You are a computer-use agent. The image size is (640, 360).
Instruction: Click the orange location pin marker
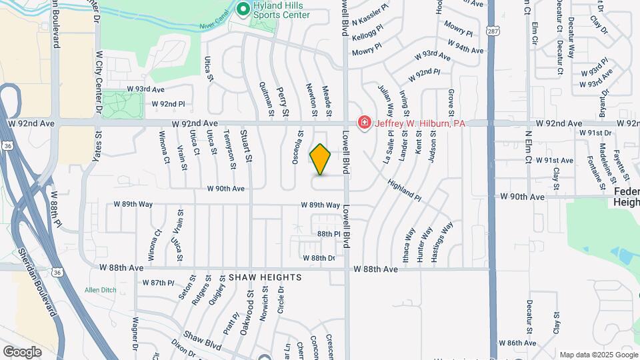(x=321, y=159)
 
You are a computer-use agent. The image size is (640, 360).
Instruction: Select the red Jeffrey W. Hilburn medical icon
(x=364, y=123)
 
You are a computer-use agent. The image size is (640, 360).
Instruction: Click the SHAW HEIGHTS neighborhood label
(x=265, y=277)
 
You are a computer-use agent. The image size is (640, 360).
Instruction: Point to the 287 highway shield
(x=491, y=31)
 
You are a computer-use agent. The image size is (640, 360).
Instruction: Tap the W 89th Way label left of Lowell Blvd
(x=320, y=205)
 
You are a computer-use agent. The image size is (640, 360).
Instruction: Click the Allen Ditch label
(x=101, y=289)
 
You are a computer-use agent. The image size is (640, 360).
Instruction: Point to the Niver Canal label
(x=213, y=27)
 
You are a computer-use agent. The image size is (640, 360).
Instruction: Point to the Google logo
(x=22, y=352)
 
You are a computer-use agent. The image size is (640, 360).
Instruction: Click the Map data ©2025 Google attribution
(x=599, y=355)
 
